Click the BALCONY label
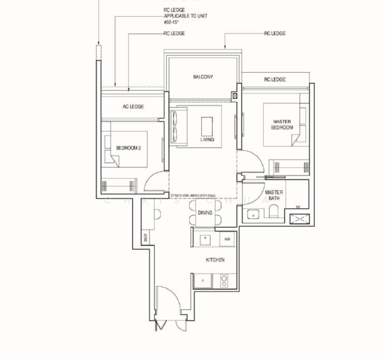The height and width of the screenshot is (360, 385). click(x=203, y=77)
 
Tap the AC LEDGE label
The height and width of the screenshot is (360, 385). click(x=133, y=107)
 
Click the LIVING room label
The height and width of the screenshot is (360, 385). click(x=207, y=140)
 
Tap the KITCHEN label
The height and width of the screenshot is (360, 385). click(x=215, y=260)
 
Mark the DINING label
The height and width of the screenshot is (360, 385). click(x=205, y=212)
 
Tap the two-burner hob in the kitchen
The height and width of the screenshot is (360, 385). click(x=225, y=280)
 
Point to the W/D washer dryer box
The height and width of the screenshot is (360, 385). click(x=226, y=239)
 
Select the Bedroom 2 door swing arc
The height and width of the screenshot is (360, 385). click(x=156, y=179)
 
